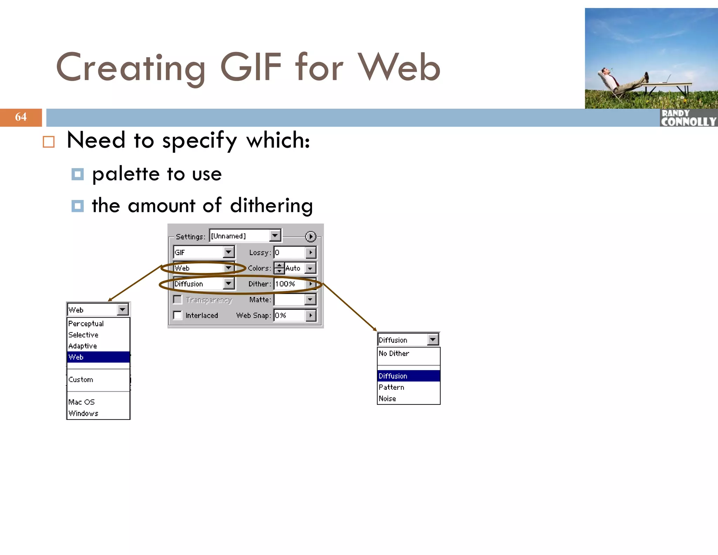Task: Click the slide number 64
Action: [21, 117]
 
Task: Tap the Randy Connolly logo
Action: [688, 118]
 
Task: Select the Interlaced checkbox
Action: [178, 315]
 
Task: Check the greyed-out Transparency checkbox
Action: [178, 300]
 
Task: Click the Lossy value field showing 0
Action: [290, 253]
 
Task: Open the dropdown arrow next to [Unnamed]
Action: [275, 235]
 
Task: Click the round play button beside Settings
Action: [310, 236]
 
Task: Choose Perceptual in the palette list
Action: [86, 323]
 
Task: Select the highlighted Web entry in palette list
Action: [98, 357]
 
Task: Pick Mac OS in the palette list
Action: [81, 402]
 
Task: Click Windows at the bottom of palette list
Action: [83, 413]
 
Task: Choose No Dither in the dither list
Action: [394, 354]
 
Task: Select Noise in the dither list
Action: [387, 399]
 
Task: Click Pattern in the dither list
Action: [391, 387]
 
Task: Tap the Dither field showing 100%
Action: [290, 284]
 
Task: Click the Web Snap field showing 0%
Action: [290, 315]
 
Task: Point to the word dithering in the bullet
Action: [271, 206]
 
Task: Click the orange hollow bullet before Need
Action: [49, 142]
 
